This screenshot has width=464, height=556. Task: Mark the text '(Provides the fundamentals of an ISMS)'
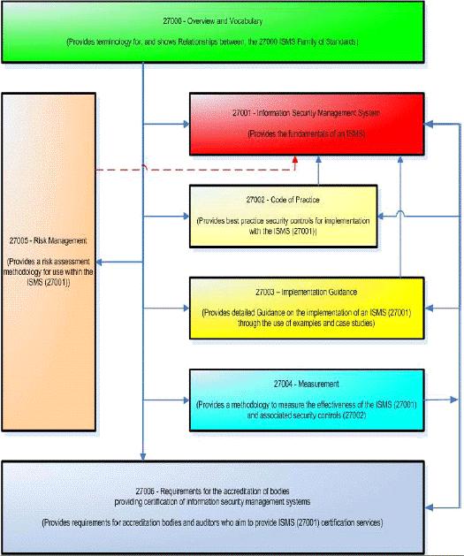(306, 133)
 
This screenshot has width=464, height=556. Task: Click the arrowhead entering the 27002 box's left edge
(186, 216)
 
